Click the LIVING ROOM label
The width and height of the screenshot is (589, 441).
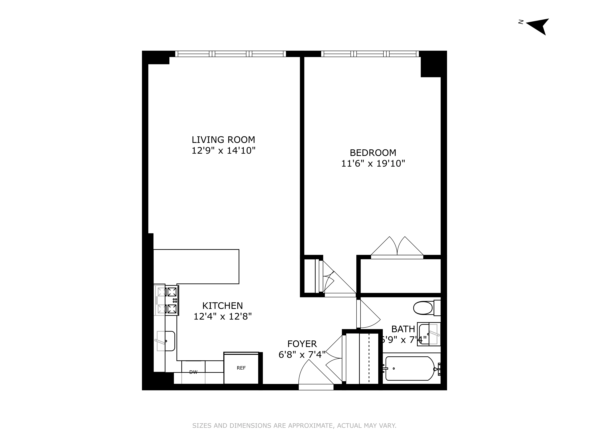pyautogui.click(x=223, y=140)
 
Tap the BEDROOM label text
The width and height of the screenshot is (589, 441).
pyautogui.click(x=373, y=153)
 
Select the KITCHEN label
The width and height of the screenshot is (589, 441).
pyautogui.click(x=222, y=306)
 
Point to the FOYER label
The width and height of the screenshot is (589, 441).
pyautogui.click(x=302, y=344)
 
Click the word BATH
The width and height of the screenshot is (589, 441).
pyautogui.click(x=403, y=329)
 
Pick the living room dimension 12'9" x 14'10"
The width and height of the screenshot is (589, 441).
pyautogui.click(x=223, y=151)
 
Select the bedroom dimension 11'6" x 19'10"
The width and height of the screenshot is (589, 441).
pyautogui.click(x=373, y=163)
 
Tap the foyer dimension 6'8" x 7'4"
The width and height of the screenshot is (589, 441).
pyautogui.click(x=302, y=355)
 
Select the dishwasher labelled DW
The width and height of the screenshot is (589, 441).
pyautogui.click(x=193, y=372)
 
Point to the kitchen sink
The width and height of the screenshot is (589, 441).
pyautogui.click(x=166, y=341)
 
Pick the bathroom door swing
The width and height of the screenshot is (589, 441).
pyautogui.click(x=369, y=315)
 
